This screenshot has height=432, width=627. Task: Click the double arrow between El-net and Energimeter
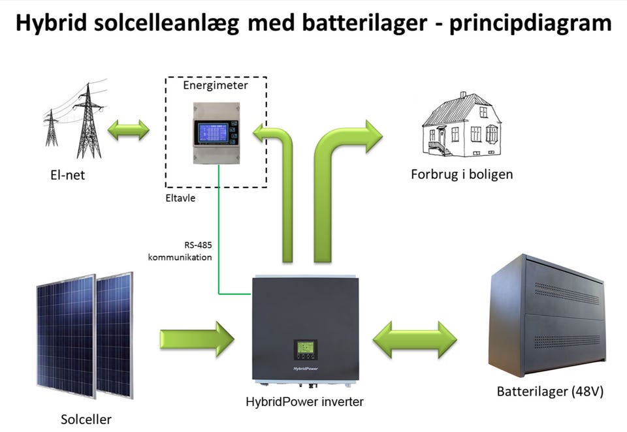(129, 129)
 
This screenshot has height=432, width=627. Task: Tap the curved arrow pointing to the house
(340, 170)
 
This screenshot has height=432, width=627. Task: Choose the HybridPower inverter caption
(303, 402)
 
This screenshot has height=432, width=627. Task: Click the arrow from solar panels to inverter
(197, 339)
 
